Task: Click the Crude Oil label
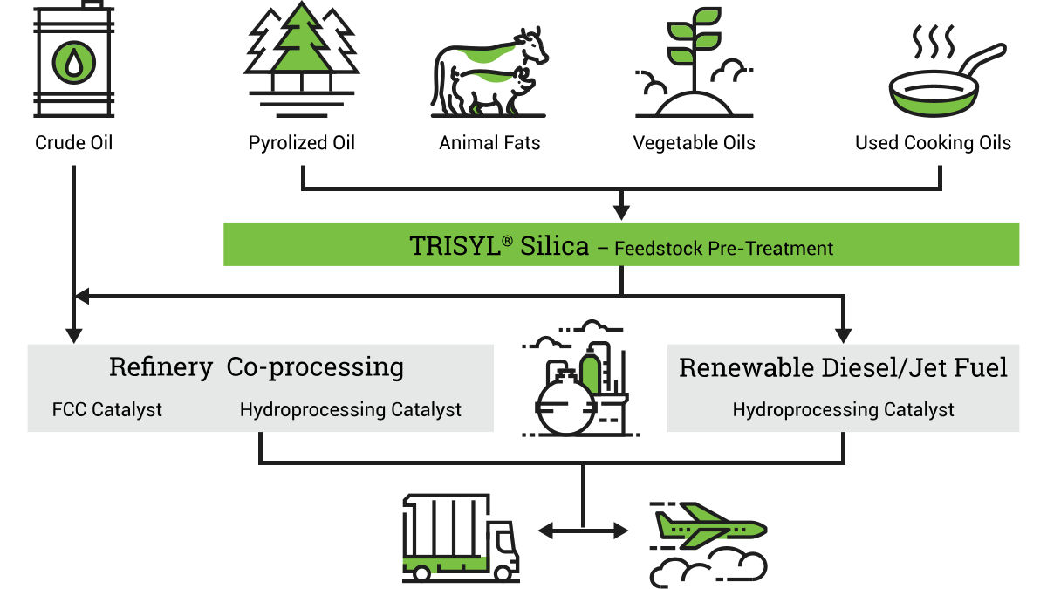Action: tap(74, 142)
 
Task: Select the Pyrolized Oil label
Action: tap(302, 143)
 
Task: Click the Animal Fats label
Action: tap(489, 142)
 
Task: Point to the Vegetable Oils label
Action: tap(695, 143)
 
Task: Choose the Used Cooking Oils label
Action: tap(933, 143)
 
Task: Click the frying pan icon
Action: tap(947, 80)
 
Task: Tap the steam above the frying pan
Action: tap(934, 41)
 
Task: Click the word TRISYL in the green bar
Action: tap(455, 246)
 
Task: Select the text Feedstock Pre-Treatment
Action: tap(723, 248)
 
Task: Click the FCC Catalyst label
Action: tap(107, 409)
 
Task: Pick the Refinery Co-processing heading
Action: tap(257, 367)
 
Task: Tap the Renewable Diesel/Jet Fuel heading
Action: tap(843, 367)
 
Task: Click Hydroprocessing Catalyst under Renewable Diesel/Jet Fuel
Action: tap(843, 409)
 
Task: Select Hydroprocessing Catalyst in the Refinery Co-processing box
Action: tap(351, 409)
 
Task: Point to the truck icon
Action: tap(461, 538)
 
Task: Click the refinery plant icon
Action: tap(580, 379)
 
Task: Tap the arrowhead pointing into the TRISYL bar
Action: tap(621, 213)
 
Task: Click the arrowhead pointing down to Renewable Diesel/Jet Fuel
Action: tap(843, 336)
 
